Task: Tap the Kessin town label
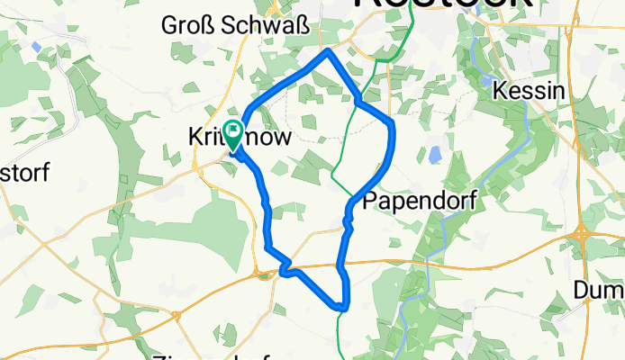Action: click(x=530, y=92)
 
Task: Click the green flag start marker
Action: click(x=232, y=135)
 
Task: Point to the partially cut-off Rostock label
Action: click(x=441, y=4)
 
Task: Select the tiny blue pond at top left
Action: click(x=35, y=45)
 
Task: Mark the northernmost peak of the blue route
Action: click(x=328, y=52)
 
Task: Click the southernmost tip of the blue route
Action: click(x=342, y=307)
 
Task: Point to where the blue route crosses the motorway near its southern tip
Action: click(x=339, y=265)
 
